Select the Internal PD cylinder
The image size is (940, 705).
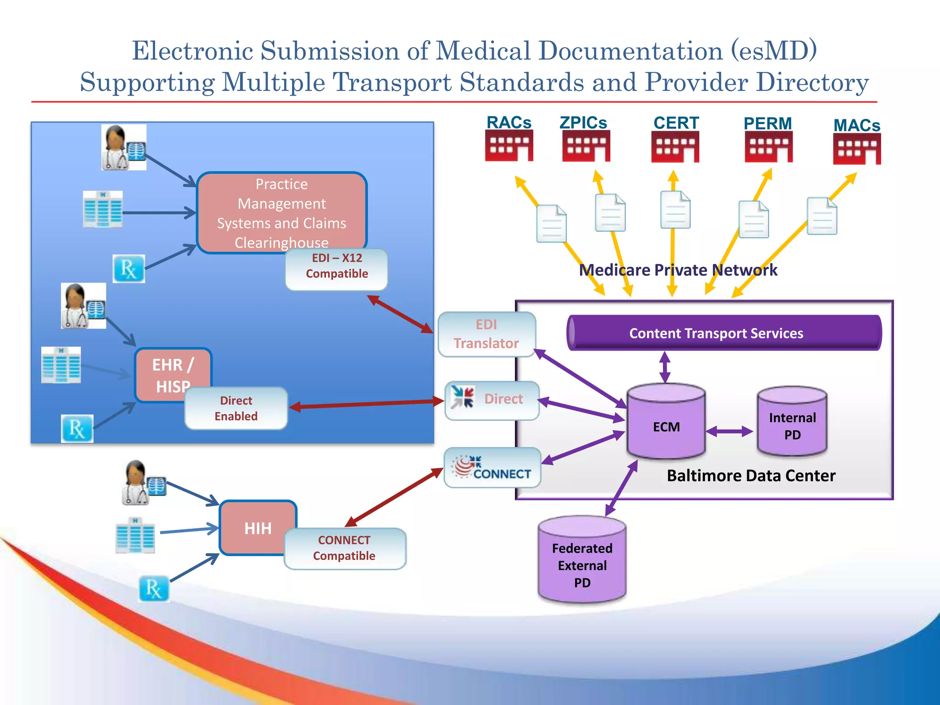792,422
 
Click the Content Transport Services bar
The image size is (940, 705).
724,333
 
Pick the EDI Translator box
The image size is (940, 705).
487,334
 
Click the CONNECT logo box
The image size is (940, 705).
492,468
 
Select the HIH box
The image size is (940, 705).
257,528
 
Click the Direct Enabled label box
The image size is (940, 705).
236,408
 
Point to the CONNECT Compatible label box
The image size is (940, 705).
344,548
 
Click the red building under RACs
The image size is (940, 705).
509,145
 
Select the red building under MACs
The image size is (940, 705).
856,149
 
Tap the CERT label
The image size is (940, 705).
676,123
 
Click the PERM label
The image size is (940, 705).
767,123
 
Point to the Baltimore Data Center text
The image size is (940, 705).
751,476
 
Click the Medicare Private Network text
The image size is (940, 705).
678,270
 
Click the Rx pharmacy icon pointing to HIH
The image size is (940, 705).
154,589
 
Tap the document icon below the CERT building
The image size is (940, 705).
675,210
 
